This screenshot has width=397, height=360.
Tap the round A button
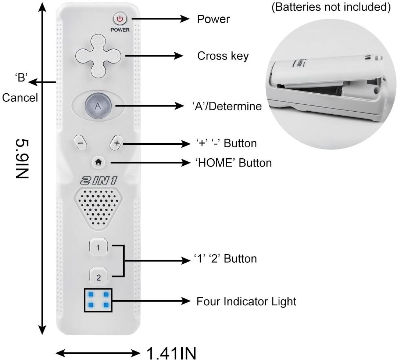pyautogui.click(x=97, y=106)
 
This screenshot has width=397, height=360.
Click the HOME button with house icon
pyautogui.click(x=98, y=162)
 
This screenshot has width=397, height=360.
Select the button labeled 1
pyautogui.click(x=98, y=248)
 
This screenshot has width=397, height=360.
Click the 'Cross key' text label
pyautogui.click(x=223, y=56)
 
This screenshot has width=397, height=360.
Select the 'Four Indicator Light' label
pyautogui.click(x=246, y=302)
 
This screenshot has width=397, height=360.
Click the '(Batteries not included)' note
pyautogui.click(x=331, y=8)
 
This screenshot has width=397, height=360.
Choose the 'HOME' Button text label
pyautogui.click(x=233, y=163)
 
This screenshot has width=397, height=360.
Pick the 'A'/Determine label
pyautogui.click(x=227, y=106)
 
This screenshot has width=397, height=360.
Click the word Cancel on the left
pyautogui.click(x=20, y=98)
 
